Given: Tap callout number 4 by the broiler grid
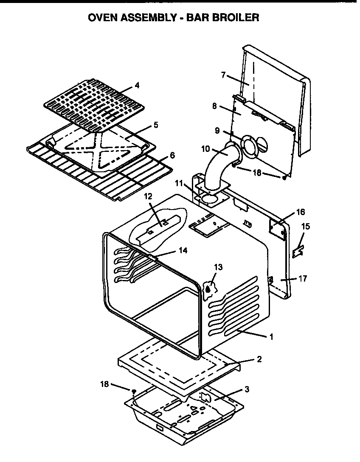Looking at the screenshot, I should [x=136, y=85].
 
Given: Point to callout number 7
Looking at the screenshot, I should [x=223, y=75].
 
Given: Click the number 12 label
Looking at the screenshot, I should [x=148, y=196].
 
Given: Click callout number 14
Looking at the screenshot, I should [x=183, y=250].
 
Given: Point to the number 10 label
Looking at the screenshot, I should [x=205, y=148].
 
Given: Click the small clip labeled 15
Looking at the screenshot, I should [x=298, y=251].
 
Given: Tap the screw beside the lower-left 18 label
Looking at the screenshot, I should [x=134, y=391].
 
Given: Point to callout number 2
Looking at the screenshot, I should [x=259, y=359].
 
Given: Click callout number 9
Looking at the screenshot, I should [x=217, y=131].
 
